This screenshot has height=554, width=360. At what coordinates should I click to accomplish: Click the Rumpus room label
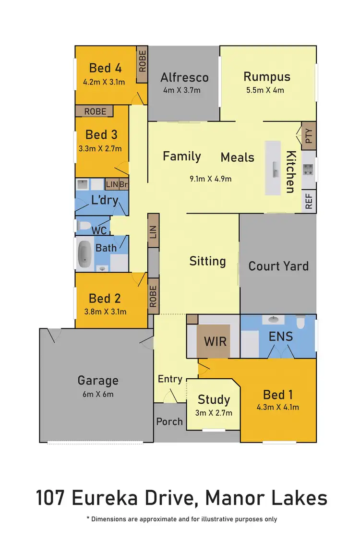tap(267, 76)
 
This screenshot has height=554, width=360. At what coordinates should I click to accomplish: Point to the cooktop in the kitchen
tap(308, 169)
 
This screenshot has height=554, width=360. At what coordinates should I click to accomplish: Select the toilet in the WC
tap(84, 226)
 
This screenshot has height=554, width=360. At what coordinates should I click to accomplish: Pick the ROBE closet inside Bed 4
tap(142, 60)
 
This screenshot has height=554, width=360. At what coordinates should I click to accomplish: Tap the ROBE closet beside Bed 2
tap(153, 296)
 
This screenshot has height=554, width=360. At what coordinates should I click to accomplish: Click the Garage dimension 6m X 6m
tap(97, 395)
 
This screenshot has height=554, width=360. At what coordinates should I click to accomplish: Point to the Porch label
tap(169, 421)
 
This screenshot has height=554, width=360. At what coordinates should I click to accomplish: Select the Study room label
tap(214, 399)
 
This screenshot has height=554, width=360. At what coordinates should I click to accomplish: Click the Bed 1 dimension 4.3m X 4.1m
tap(278, 408)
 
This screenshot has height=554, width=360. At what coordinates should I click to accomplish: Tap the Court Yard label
tap(278, 265)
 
